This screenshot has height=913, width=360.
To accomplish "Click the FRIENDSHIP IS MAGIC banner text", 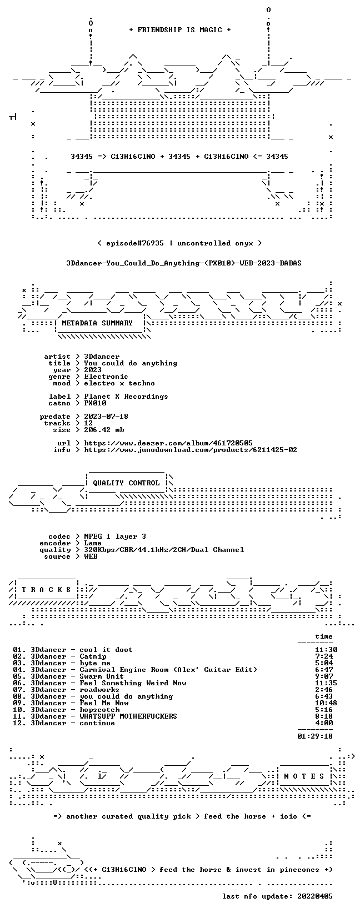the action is pyautogui.click(x=180, y=30).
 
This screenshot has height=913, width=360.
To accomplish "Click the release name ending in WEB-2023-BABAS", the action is pyautogui.click(x=184, y=263).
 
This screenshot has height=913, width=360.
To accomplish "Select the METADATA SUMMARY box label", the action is pyautogui.click(x=97, y=323).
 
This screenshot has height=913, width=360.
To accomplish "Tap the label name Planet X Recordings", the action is pyautogui.click(x=126, y=397).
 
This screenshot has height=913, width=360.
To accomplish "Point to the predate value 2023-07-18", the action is pyautogui.click(x=106, y=417).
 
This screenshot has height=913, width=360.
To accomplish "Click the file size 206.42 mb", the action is pyautogui.click(x=104, y=430).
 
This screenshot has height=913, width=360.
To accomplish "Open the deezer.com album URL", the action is pyautogui.click(x=168, y=443).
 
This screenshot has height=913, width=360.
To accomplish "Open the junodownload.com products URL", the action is pyautogui.click(x=191, y=450).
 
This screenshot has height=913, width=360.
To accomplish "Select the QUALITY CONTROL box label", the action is pyautogui.click(x=126, y=483).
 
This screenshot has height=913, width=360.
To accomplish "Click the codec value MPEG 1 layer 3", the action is pyautogui.click(x=115, y=536).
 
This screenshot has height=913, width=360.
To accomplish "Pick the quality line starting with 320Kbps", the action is pyautogui.click(x=164, y=550).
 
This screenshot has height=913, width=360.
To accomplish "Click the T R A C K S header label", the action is pyautogui.click(x=46, y=590).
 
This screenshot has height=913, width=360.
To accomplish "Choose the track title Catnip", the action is pyautogui.click(x=93, y=656).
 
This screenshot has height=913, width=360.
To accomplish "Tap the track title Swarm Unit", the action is pyautogui.click(x=102, y=676).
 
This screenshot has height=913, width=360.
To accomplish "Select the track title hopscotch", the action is pyautogui.click(x=99, y=710).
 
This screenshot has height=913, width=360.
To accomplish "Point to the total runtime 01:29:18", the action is pyautogui.click(x=315, y=736).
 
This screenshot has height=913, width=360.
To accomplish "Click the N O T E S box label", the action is pyautogui.click(x=304, y=776).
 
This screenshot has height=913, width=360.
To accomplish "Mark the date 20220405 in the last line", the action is pyautogui.click(x=315, y=896).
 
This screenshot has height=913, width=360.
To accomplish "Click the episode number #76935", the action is pyautogui.click(x=146, y=243).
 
